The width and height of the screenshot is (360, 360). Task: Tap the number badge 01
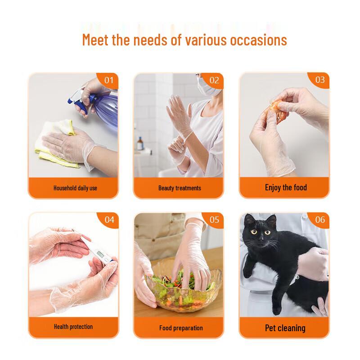pyautogui.click(x=109, y=80)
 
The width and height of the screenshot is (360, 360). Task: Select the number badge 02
pyautogui.click(x=214, y=80)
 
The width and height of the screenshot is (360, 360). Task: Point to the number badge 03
pyautogui.click(x=319, y=80)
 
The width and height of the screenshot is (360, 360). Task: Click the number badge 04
pyautogui.click(x=109, y=220)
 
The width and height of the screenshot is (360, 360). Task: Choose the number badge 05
pyautogui.click(x=214, y=220)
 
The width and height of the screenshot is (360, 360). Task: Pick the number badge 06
pyautogui.click(x=319, y=220)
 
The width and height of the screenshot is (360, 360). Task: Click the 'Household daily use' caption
pyautogui.click(x=75, y=188)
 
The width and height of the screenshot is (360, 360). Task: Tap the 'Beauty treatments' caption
pyautogui.click(x=180, y=188)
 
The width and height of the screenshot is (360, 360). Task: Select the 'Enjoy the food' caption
pyautogui.click(x=286, y=187)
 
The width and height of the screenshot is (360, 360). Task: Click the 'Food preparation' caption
pyautogui.click(x=180, y=328)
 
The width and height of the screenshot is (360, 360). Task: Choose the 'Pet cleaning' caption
pyautogui.click(x=285, y=328)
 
